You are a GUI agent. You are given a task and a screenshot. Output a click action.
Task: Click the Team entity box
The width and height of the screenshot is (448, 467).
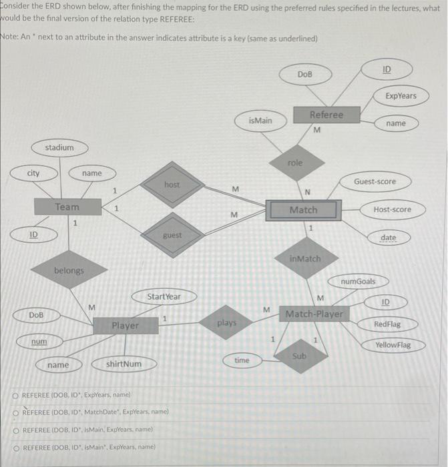coord(67,207)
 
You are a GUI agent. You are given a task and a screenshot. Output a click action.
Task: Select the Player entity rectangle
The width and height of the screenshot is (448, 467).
coord(125,325)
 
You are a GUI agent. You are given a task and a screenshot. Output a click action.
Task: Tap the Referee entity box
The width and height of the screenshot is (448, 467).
coord(326,115)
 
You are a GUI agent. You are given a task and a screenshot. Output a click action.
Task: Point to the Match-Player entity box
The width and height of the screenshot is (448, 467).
coord(314,313)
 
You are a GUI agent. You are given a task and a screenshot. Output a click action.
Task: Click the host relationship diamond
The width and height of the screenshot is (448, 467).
coord(172,184)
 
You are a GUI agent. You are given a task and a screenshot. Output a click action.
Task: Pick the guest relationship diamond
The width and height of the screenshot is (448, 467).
coord(172,236)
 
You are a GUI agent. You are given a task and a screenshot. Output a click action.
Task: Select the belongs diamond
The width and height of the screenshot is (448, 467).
coord(69,270)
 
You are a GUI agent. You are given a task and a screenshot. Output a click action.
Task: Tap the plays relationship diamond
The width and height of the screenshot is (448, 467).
coord(227,323)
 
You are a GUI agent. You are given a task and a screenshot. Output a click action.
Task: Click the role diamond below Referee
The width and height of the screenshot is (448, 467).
coord(295,163)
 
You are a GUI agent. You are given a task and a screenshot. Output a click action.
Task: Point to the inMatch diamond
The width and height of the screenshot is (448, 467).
coord(305,258)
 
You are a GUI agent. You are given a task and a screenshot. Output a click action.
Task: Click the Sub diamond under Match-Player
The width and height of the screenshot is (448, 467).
coord(299,356)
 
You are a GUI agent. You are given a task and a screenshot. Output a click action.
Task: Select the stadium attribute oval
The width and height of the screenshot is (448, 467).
coord(59,147)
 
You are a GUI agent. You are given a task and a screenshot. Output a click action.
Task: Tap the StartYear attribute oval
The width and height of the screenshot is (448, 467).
coord(164,296)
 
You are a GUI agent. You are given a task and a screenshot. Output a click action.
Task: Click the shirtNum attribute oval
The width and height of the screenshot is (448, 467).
coord(124,364)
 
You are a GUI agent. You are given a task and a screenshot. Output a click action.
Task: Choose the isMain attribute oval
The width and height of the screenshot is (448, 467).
coord(260,121)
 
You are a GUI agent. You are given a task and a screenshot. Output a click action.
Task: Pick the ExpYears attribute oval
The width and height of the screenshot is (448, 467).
coord(401,95)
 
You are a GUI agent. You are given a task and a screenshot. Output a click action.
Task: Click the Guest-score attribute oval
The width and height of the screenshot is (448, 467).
coord(375,181)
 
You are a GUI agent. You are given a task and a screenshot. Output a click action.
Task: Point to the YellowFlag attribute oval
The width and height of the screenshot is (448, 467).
coord(393,345)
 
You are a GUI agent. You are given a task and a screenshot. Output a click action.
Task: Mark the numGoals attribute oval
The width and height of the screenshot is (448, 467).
coord(359,282)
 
